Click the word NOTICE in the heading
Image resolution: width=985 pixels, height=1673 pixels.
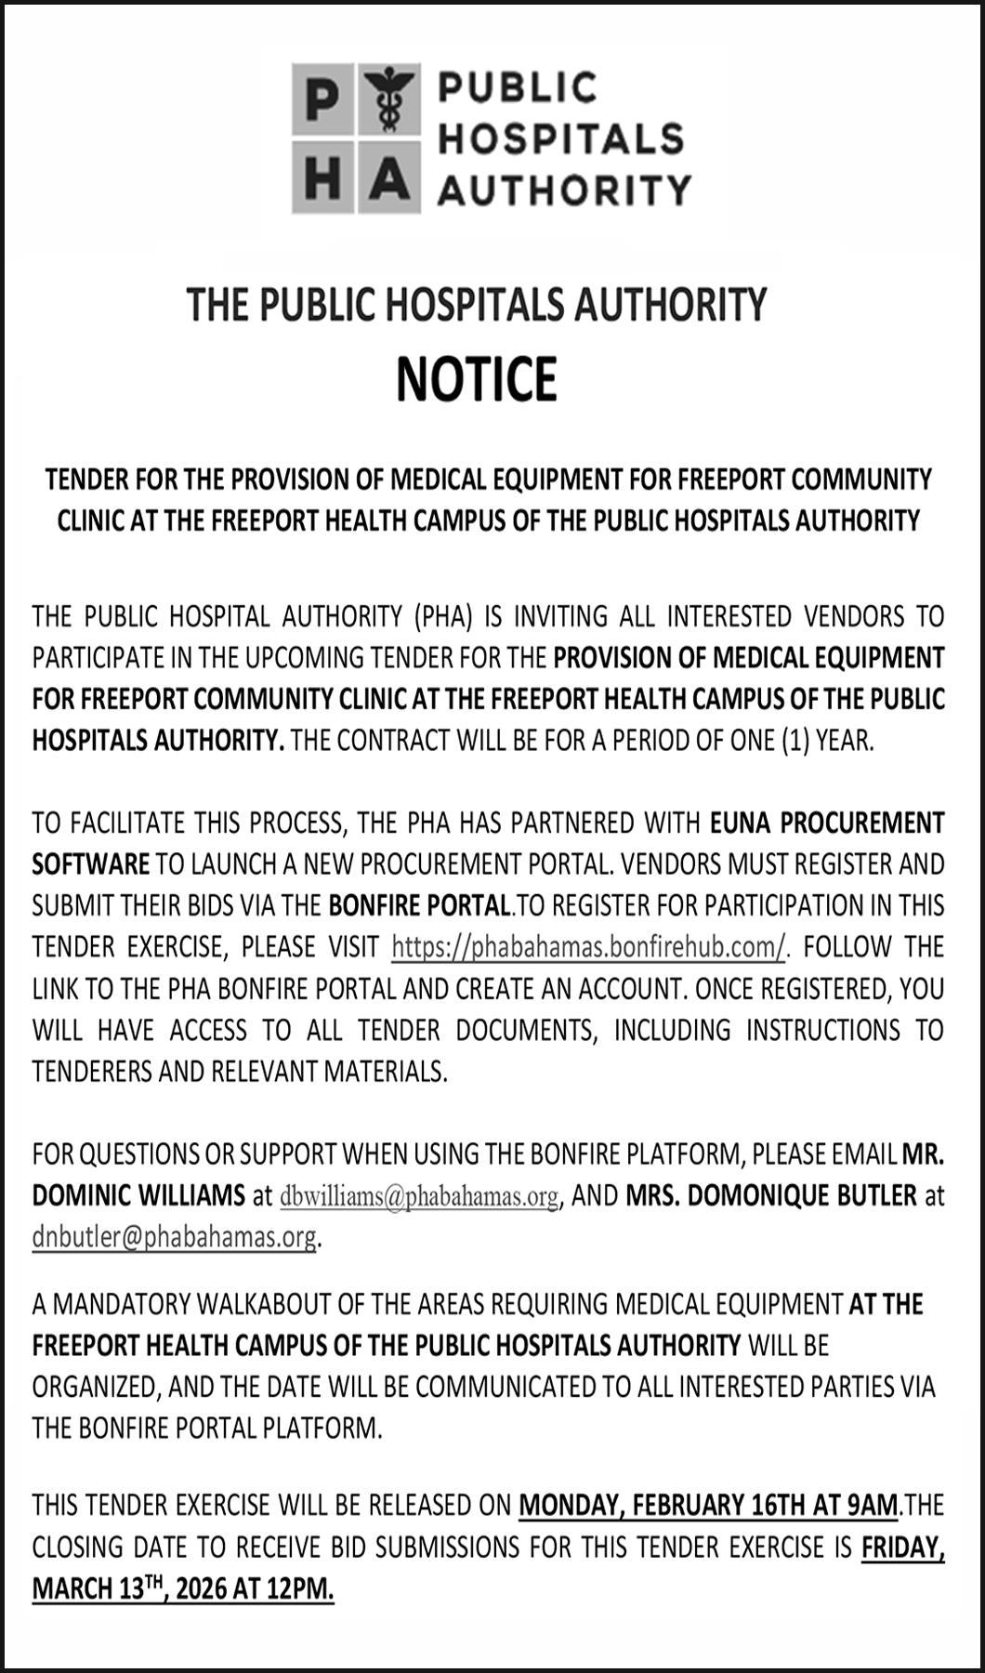point(477,378)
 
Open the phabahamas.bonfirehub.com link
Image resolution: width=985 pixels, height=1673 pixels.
point(588,947)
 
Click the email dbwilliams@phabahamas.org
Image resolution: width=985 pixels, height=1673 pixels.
point(419,1196)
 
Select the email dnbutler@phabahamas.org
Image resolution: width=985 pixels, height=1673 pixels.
point(174,1237)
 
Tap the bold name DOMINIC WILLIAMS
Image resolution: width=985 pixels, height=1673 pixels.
point(138,1195)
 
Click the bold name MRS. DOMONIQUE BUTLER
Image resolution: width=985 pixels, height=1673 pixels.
point(771,1195)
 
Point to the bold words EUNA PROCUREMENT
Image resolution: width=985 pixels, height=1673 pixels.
point(827,823)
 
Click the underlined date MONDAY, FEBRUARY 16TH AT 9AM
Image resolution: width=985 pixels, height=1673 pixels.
point(708,1505)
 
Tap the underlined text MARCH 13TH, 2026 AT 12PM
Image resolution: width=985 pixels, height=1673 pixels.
point(182,1588)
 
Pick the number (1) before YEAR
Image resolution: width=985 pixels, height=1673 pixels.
point(795,741)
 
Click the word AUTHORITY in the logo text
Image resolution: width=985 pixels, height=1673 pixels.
point(564,190)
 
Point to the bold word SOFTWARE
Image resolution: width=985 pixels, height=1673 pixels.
point(90,864)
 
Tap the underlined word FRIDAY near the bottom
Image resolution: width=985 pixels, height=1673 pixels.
point(902,1547)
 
